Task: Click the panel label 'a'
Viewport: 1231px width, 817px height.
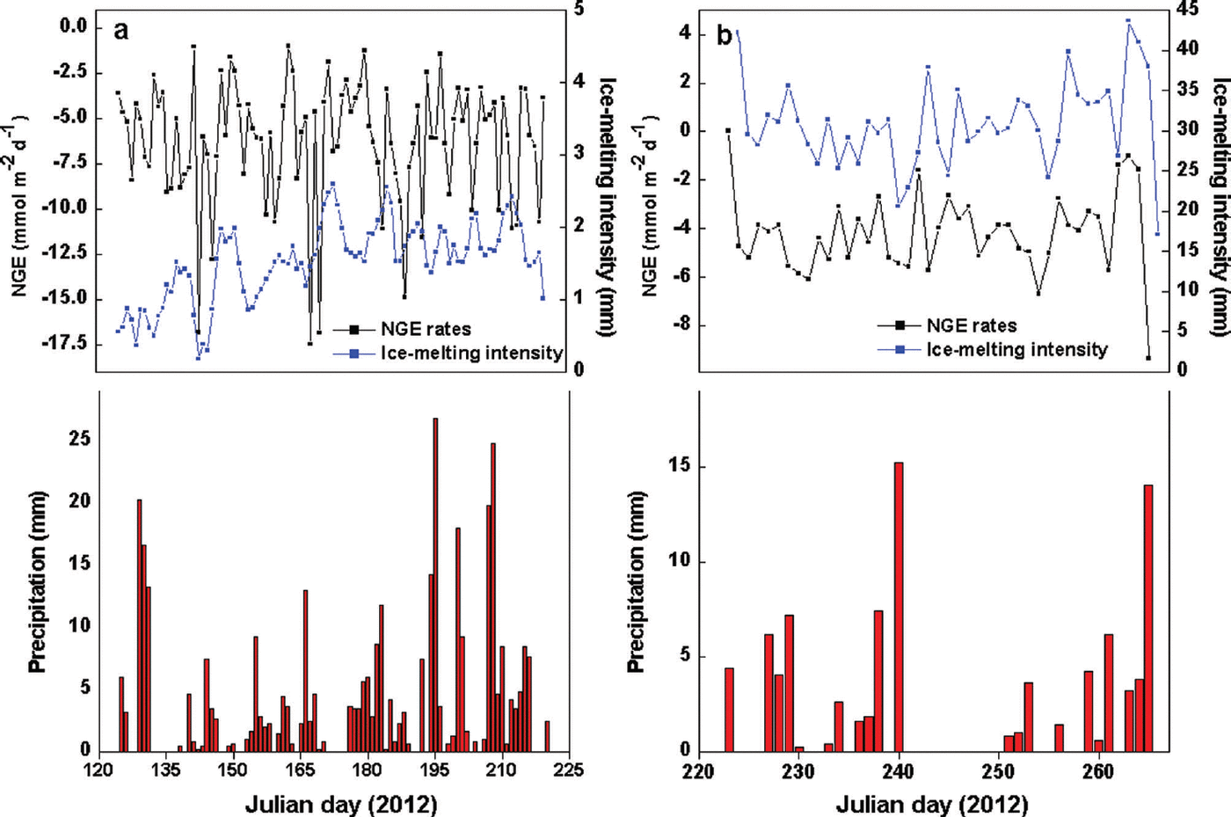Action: (121, 32)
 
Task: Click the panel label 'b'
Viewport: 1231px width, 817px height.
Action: (725, 36)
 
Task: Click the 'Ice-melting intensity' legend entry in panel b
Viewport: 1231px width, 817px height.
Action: (1016, 350)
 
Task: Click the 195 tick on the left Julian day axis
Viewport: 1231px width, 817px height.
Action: (434, 770)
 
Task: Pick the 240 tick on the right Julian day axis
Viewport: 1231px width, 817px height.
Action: (899, 770)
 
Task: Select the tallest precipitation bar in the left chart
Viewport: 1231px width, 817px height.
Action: (435, 584)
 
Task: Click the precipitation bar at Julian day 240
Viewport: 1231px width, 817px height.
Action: (899, 607)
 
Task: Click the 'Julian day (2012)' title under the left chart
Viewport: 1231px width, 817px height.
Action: (340, 803)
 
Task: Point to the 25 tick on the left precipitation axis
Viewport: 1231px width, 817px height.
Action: (81, 438)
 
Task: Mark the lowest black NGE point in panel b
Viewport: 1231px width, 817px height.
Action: (1148, 358)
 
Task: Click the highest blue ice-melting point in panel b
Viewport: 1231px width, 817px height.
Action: (1128, 21)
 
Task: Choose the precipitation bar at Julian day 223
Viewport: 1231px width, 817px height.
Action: (729, 709)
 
